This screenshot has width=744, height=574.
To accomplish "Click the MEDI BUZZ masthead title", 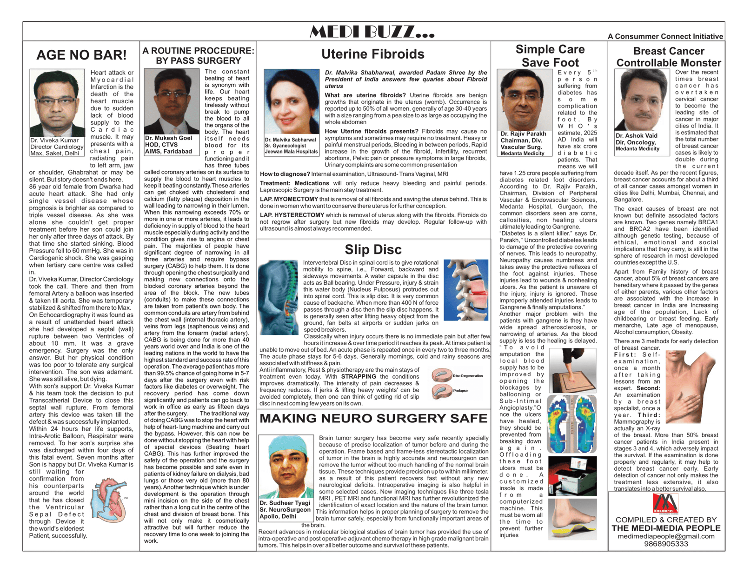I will click(x=372, y=32).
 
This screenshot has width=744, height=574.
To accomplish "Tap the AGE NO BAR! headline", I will click(x=81, y=55).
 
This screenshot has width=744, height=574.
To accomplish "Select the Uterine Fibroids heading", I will click(x=372, y=54).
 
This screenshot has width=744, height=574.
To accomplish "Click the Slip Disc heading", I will click(x=373, y=249).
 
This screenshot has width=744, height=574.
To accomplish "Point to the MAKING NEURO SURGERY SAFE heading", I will click(x=373, y=418).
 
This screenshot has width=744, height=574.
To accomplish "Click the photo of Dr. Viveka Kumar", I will click(x=57, y=103).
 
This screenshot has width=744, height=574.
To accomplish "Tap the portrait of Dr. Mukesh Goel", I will click(x=172, y=101).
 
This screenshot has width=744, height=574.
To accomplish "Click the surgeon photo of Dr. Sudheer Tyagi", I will click(x=286, y=466).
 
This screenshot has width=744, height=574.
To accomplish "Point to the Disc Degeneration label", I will click(x=467, y=376).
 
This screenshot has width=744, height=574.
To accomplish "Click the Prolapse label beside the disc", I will click(x=460, y=391).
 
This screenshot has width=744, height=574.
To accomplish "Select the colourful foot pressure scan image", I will click(x=572, y=424).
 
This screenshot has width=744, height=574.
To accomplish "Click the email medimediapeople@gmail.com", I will click(x=666, y=536).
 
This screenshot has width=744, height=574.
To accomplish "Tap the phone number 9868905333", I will click(x=666, y=544).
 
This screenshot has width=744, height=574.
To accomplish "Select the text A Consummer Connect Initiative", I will click(x=665, y=36).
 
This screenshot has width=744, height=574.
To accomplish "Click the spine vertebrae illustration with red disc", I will click(x=466, y=290).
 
